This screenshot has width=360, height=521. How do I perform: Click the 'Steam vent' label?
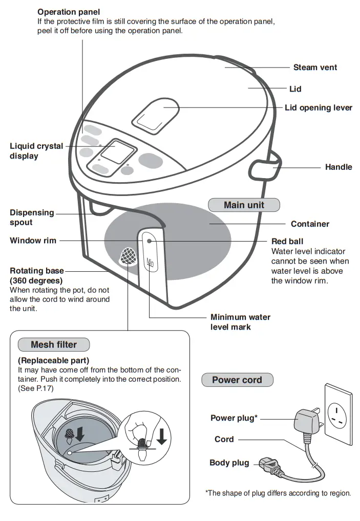315,68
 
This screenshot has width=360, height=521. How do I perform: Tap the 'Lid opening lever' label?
318,108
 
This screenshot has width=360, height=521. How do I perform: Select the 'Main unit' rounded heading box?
244,205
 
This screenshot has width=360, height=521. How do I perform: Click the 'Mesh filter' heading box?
54,344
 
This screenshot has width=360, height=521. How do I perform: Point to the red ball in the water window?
149,241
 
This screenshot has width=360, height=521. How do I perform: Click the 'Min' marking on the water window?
150,263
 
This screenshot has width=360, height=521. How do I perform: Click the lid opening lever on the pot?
156,114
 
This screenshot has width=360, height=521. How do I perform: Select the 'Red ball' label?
287,241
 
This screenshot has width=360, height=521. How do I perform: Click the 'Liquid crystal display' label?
36,151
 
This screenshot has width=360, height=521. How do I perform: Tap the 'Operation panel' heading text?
69,12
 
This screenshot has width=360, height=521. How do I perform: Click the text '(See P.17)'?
36,388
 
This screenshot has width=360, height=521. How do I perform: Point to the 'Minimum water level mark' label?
240,322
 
